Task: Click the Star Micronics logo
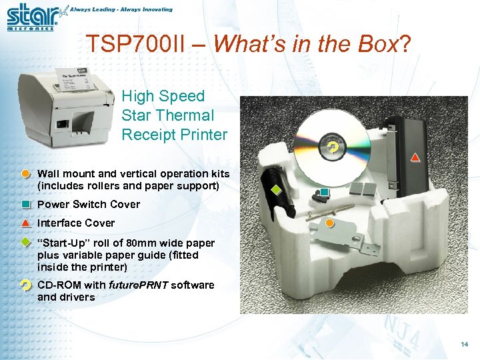coord(32,17)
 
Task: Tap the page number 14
coord(465,344)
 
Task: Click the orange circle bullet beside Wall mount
coord(25,174)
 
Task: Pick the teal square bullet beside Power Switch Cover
coord(25,205)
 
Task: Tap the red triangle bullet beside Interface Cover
coord(25,223)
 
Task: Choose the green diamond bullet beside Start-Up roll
coord(25,243)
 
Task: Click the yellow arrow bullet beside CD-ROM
coord(25,285)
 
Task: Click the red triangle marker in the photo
coord(415,157)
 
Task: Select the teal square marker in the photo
coord(324,193)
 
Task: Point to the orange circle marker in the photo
coord(329,222)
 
